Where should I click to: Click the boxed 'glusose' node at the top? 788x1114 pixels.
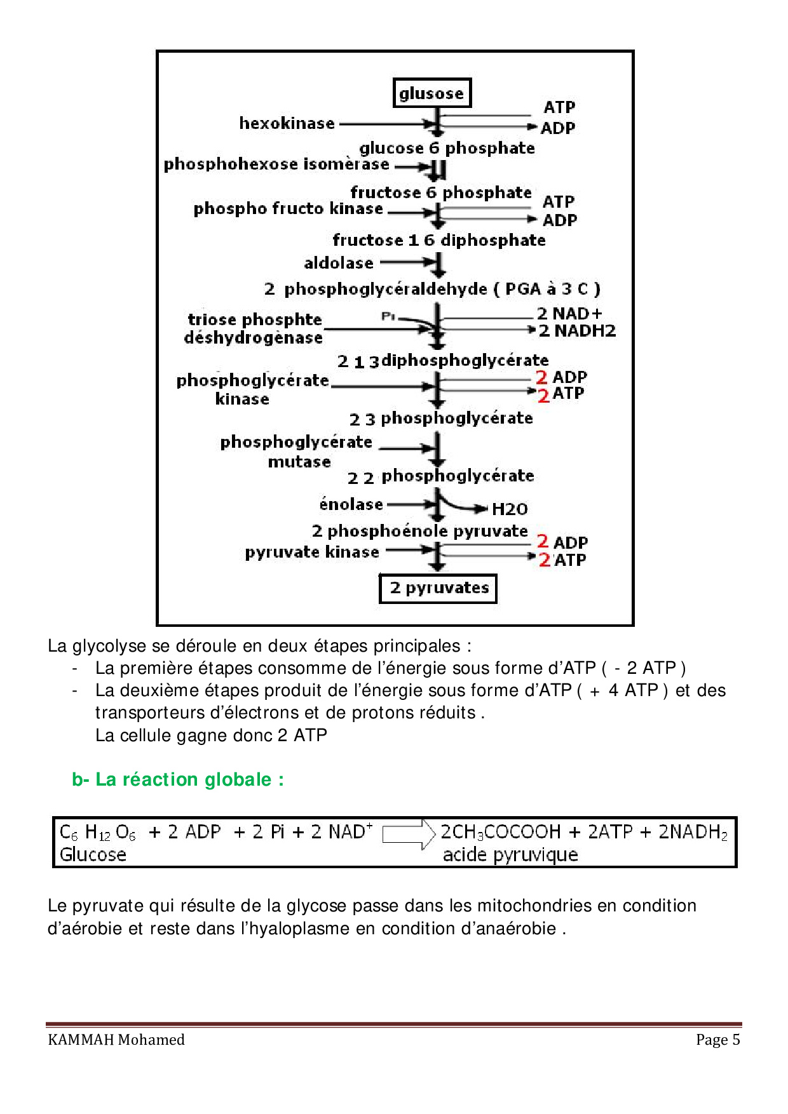point(432,93)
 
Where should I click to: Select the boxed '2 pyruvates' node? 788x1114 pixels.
point(438,588)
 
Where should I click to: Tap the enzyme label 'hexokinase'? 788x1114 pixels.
point(287,123)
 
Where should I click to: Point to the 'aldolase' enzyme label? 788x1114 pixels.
point(339,263)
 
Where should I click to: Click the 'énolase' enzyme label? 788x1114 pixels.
point(351,504)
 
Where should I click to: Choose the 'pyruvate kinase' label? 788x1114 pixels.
point(312,552)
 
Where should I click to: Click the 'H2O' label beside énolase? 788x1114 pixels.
point(510,509)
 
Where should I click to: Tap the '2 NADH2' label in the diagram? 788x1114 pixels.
point(577,331)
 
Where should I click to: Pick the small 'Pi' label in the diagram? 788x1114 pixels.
point(388,316)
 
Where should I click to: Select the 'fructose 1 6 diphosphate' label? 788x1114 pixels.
point(439,240)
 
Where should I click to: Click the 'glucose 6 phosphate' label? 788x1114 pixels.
point(447,148)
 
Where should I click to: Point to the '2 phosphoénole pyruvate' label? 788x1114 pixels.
point(420,531)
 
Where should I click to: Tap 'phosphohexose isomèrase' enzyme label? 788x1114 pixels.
point(276,164)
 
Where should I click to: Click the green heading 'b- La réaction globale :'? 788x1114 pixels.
point(178,779)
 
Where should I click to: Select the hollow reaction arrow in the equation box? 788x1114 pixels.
point(409,833)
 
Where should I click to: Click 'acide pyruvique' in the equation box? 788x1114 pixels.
point(510,855)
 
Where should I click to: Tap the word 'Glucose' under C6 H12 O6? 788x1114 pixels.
point(93,855)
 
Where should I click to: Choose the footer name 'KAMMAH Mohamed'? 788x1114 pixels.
point(116,1040)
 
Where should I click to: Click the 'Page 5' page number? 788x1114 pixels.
point(718,1040)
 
